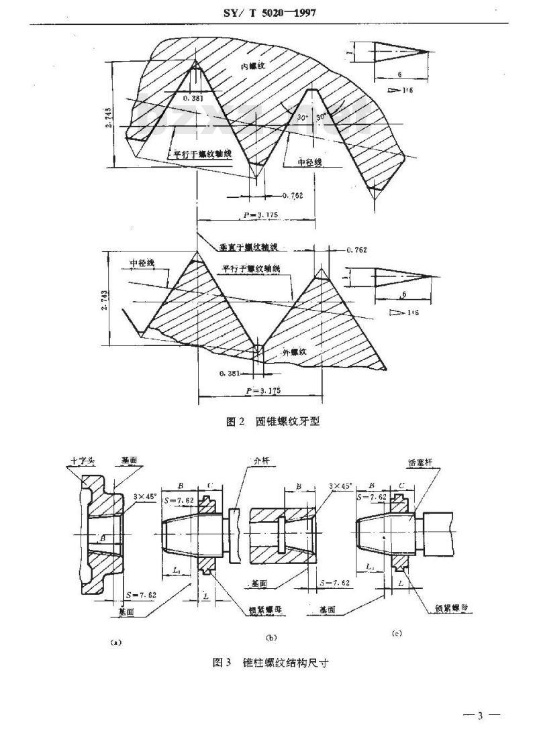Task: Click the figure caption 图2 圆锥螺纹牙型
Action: pos(273,422)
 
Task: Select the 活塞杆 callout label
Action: pos(419,463)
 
